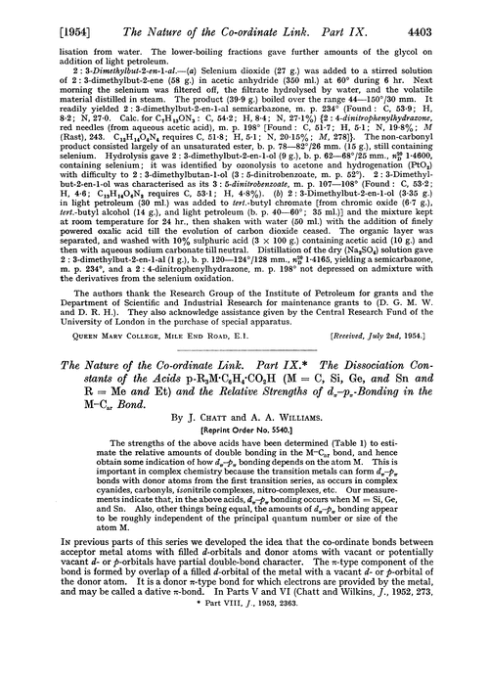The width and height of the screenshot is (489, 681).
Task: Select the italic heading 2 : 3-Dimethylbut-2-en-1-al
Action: [x=98, y=75]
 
